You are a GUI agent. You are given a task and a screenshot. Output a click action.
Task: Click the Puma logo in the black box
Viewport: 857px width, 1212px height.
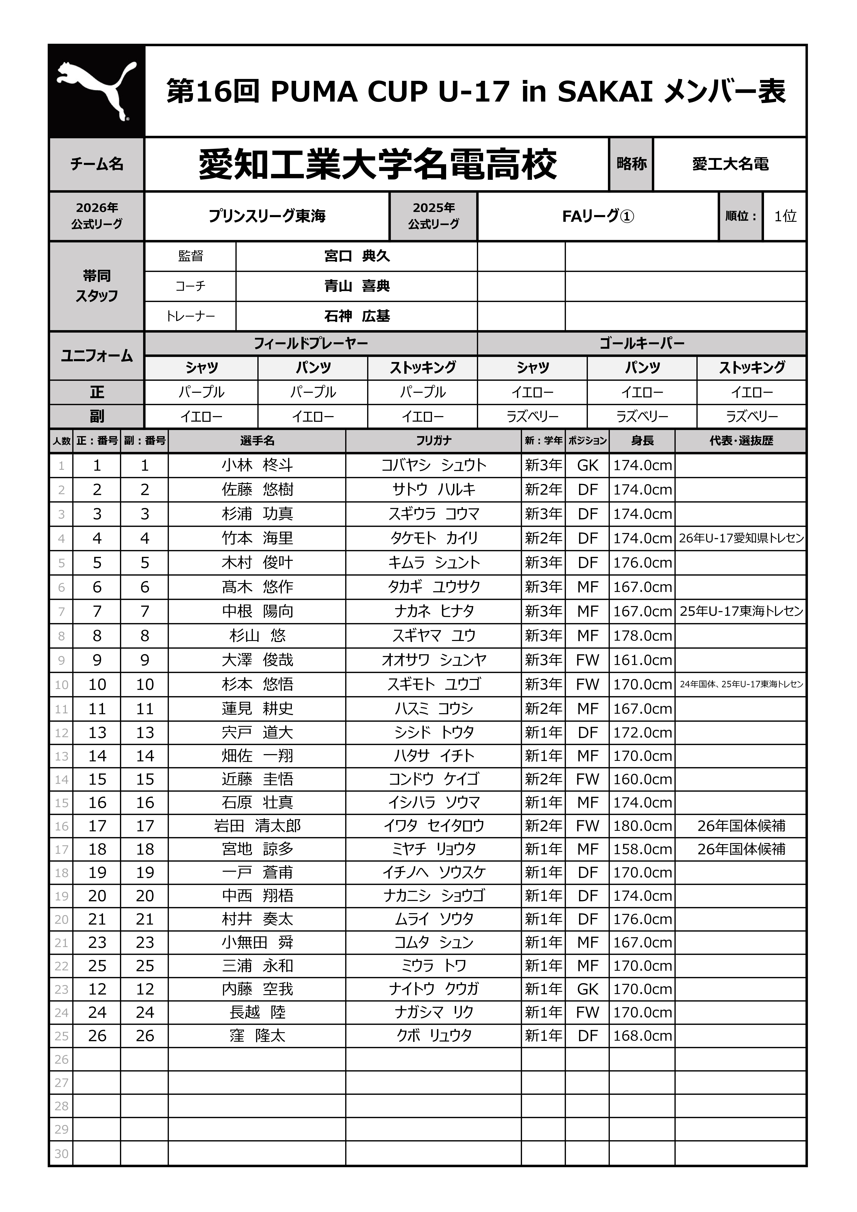(x=97, y=91)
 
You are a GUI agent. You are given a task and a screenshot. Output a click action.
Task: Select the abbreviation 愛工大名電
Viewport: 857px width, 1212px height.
(x=730, y=164)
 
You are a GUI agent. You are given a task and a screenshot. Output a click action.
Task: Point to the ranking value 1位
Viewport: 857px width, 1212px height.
(x=785, y=216)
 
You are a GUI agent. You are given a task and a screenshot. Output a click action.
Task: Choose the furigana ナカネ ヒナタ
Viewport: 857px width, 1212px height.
(x=434, y=611)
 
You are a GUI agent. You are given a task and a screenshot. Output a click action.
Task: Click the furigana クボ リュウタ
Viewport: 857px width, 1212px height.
(x=434, y=1036)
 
